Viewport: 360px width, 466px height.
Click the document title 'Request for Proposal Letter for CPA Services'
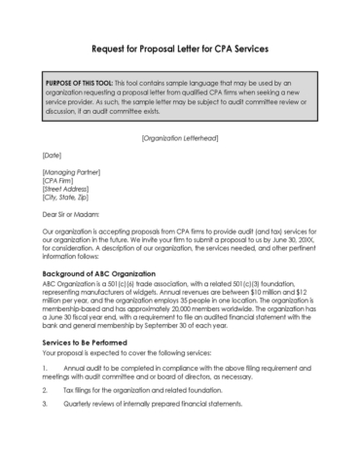180,48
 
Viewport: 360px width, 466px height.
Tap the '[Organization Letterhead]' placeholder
180,138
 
